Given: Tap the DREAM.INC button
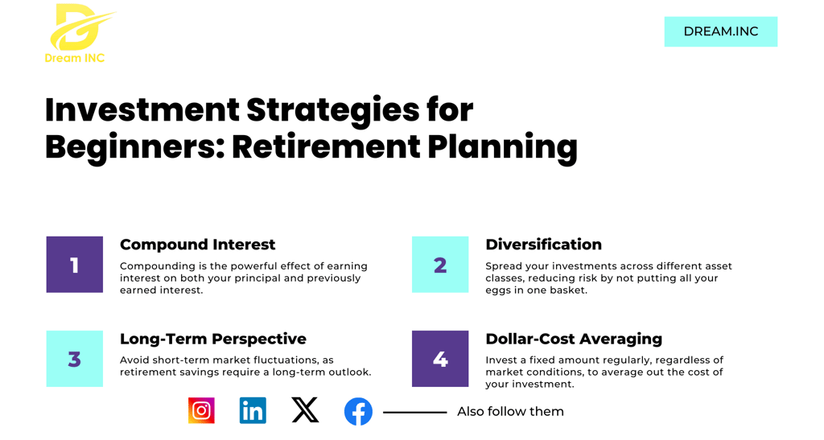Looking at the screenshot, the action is [720, 31].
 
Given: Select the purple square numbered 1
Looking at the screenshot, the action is [75, 264].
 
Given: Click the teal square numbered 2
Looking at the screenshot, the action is [440, 264].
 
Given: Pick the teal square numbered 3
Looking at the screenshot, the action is [75, 359].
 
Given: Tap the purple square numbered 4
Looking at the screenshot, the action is [440, 359].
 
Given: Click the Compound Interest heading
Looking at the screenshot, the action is [198, 245].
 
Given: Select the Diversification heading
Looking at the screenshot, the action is [543, 245].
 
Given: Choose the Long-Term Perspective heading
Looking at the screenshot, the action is [212, 339].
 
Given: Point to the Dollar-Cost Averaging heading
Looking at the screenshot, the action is [574, 339].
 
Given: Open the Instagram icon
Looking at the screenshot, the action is [201, 410].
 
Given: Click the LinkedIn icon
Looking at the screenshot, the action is [253, 410].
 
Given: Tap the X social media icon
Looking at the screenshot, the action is [305, 410].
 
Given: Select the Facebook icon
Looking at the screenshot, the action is [358, 412].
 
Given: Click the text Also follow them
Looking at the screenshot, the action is [510, 412].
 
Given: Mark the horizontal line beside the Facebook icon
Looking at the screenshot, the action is [414, 412].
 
